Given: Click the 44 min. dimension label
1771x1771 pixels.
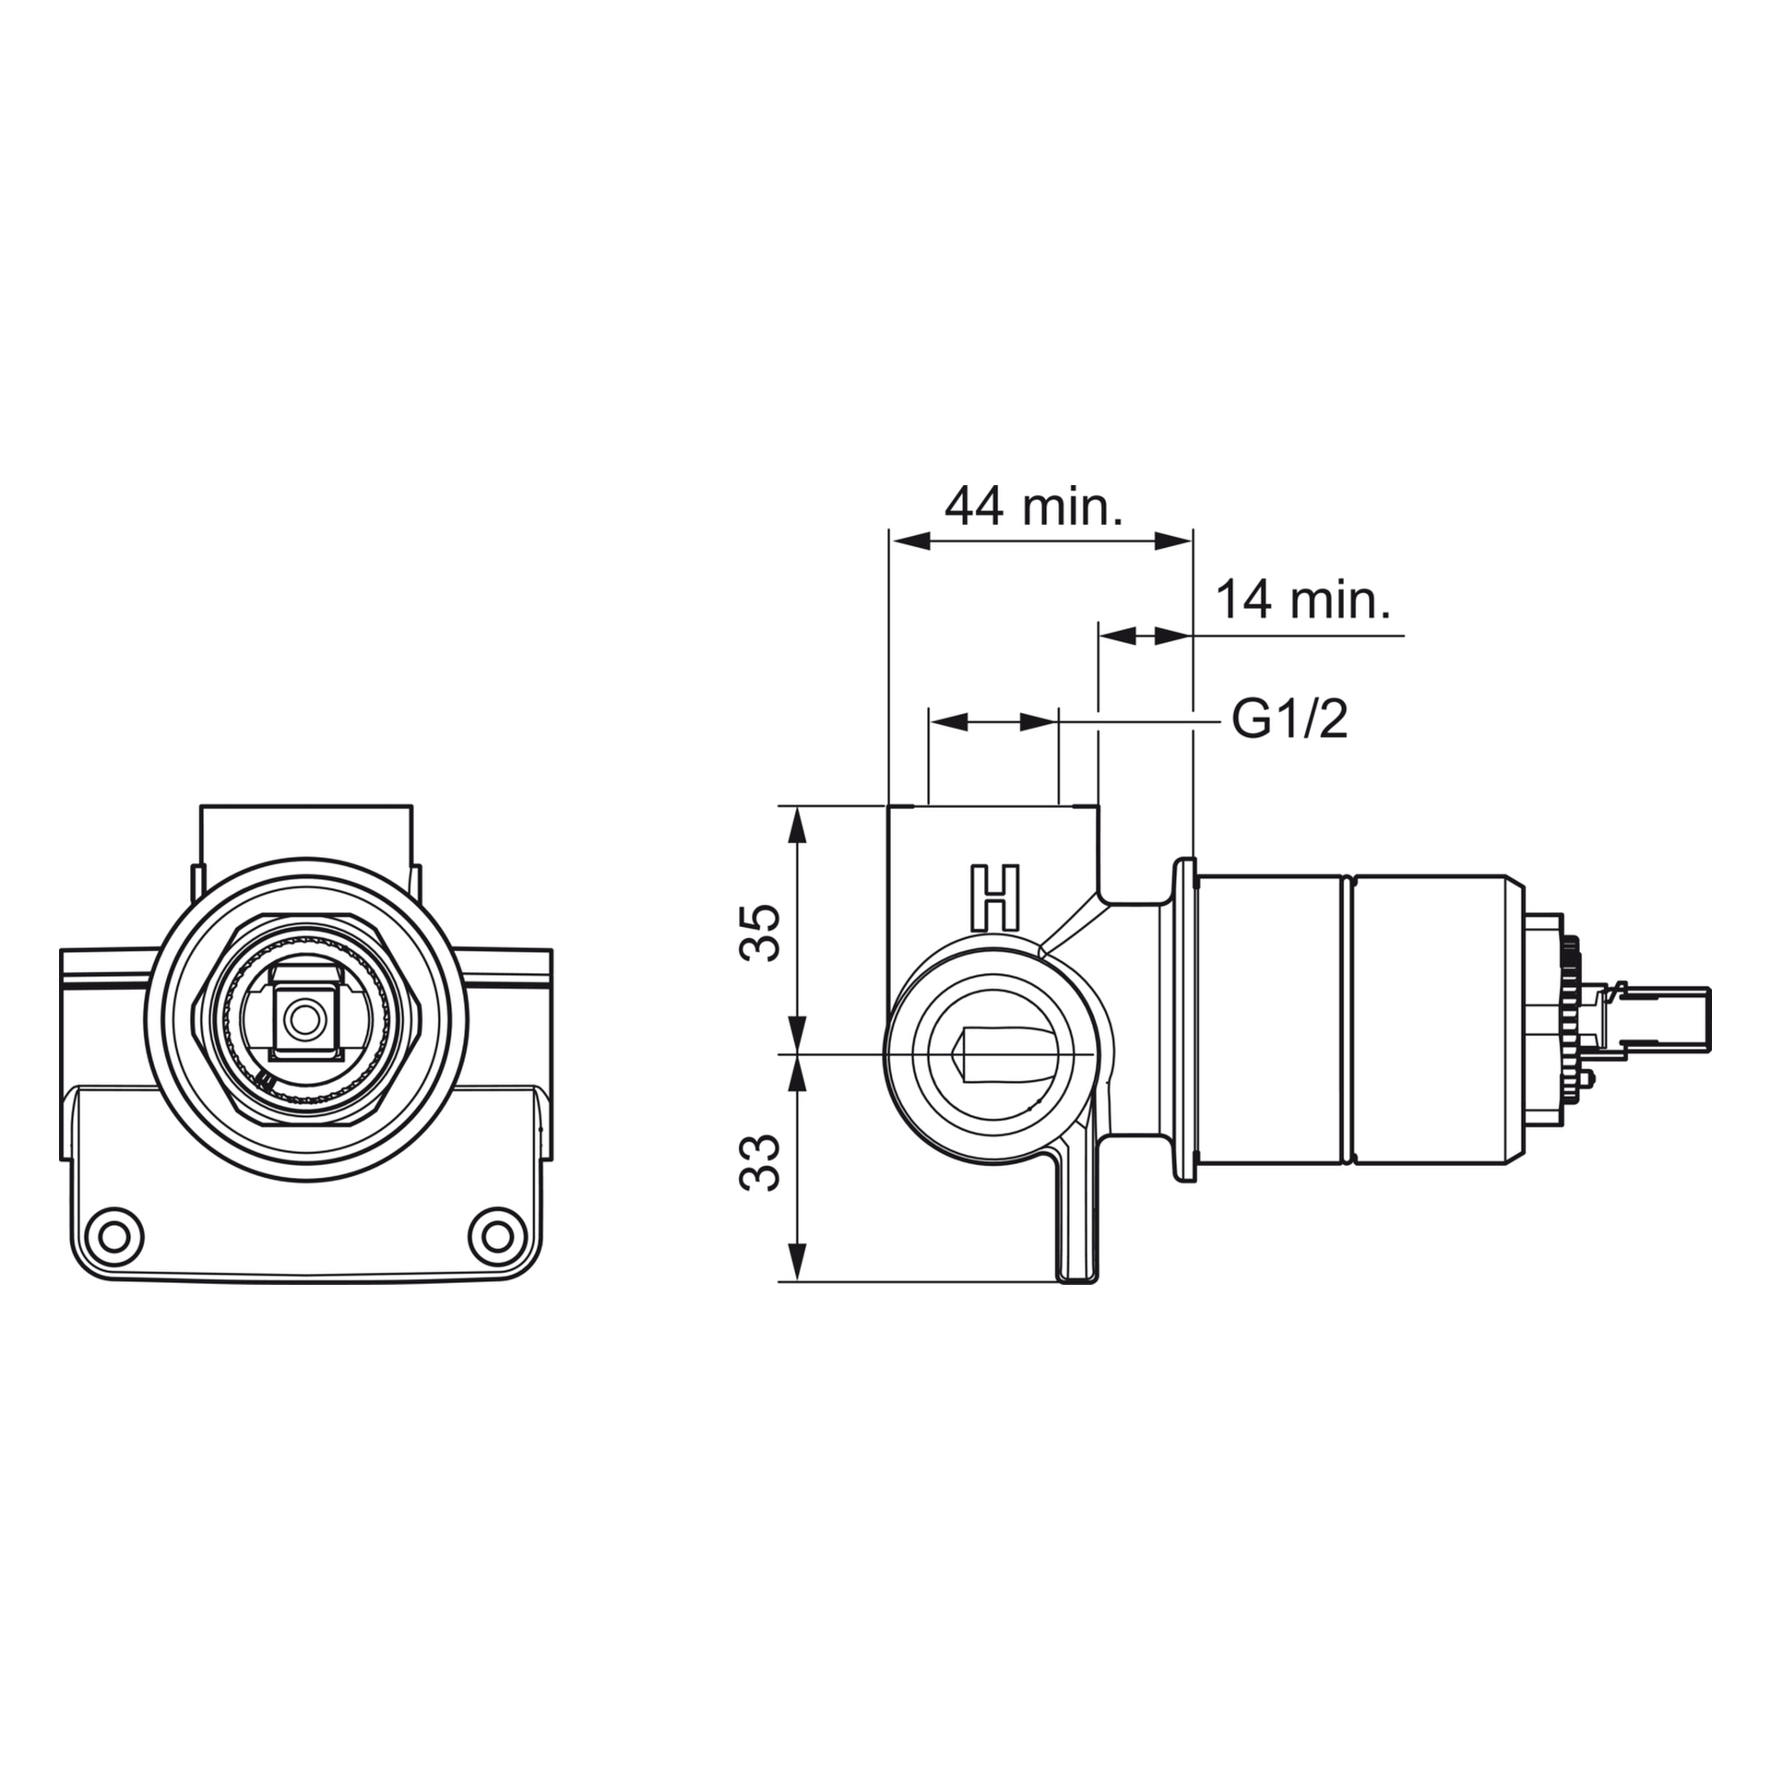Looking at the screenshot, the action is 1033,505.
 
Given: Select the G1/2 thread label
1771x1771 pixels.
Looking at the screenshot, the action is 1290,719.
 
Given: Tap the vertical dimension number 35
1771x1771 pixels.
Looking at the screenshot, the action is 761,933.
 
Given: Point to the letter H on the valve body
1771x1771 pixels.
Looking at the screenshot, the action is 995,897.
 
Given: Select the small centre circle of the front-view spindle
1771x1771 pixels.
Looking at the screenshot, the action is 301,1019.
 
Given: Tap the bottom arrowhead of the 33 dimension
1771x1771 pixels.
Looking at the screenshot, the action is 799,1261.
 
